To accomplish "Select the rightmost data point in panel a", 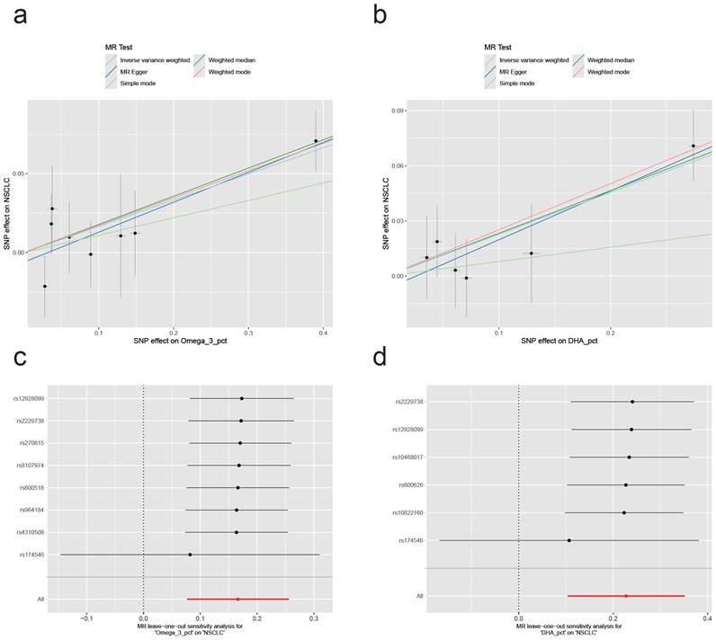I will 316,141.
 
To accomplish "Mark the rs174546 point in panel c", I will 190,555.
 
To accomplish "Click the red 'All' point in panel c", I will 237,599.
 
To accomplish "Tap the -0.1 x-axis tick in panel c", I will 86,618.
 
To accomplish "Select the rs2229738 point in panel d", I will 632,402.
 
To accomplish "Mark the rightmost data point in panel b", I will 694,146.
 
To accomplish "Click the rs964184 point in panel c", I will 237,511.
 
